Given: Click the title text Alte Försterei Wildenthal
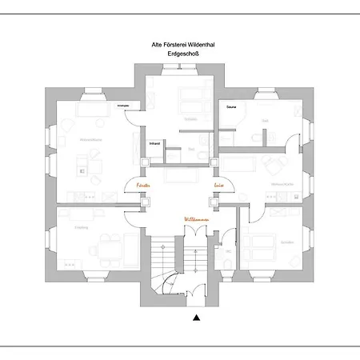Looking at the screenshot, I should tap(180, 46).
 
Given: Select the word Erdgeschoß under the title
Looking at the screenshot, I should tap(180, 55).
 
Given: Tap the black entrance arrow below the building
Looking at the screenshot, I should tap(196, 318).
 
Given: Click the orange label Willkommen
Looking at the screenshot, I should tap(197, 218).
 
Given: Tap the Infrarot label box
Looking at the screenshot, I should tap(154, 143).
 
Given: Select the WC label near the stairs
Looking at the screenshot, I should tap(227, 250).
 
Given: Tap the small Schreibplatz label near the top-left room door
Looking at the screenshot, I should tap(123, 105).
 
